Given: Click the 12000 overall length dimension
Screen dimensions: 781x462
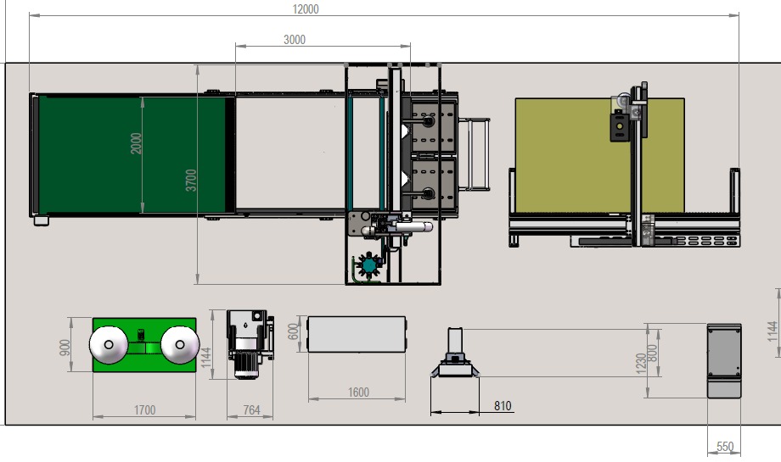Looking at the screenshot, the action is click(x=306, y=9).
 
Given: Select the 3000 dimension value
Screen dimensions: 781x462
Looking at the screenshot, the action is click(x=295, y=40).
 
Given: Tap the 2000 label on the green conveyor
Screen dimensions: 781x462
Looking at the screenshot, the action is click(x=136, y=143).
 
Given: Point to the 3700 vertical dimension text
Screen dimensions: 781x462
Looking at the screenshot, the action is click(x=191, y=180).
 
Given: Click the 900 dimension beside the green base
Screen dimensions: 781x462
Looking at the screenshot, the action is click(x=65, y=348).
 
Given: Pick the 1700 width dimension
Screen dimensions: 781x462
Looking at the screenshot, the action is click(x=144, y=410).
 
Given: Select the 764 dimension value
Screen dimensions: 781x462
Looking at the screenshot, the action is click(x=251, y=410).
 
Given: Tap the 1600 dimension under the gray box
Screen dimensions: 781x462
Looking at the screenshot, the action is click(x=358, y=392).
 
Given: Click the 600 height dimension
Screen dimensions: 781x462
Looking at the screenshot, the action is click(x=294, y=331).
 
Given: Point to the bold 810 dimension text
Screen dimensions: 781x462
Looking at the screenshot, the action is click(x=503, y=406).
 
